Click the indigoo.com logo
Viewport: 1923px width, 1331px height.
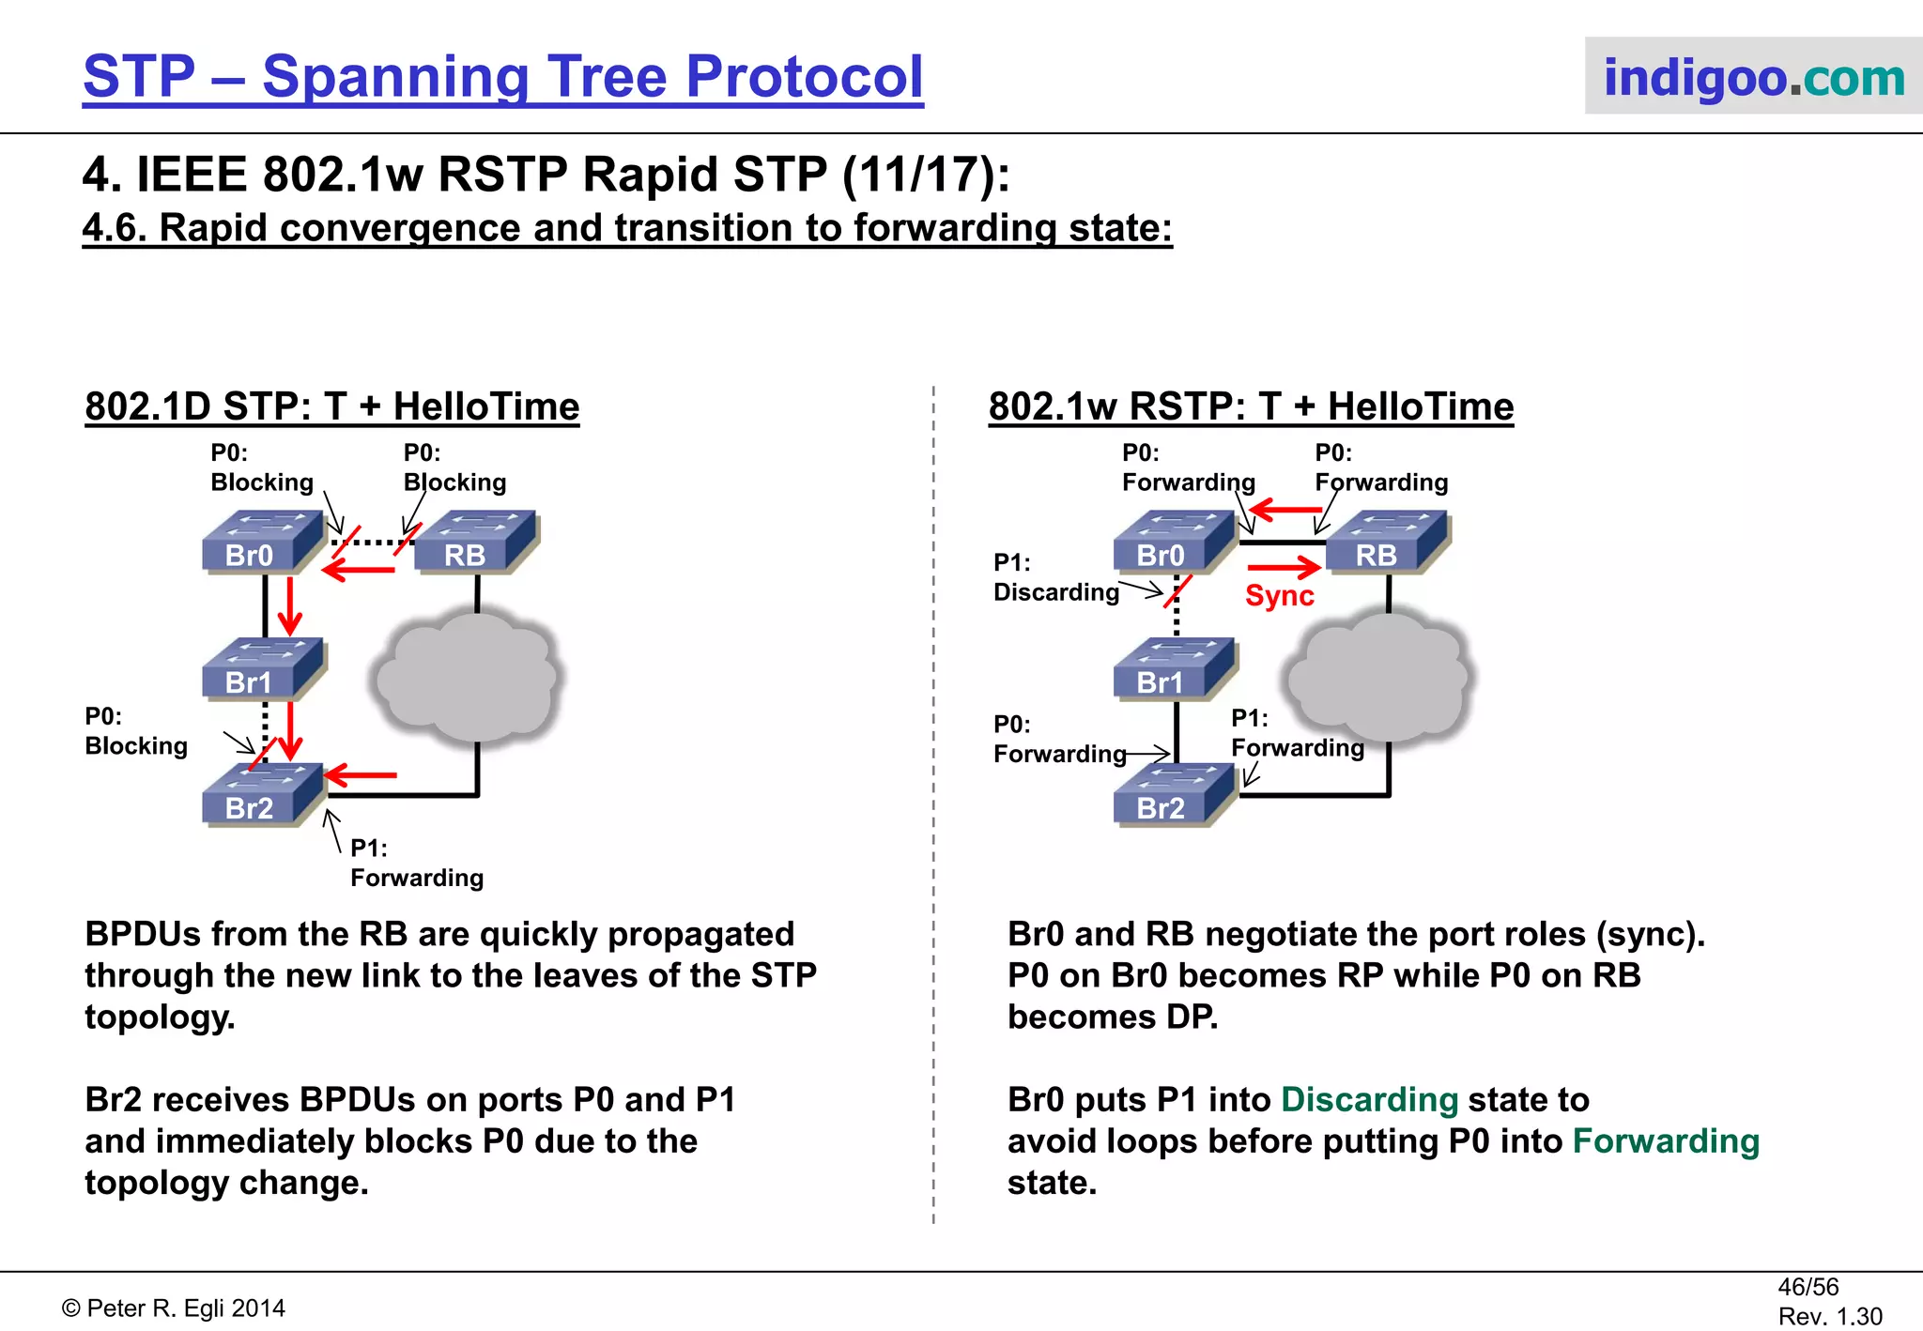[x=1752, y=77]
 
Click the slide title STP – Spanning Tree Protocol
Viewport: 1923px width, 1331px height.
[x=503, y=77]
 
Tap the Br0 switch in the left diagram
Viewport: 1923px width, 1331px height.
[x=261, y=543]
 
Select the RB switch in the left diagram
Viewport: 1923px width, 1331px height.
[x=475, y=543]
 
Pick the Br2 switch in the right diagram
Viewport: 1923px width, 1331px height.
[x=1173, y=796]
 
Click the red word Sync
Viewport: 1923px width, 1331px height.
[x=1279, y=596]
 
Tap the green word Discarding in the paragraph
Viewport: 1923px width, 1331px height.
[x=1368, y=1099]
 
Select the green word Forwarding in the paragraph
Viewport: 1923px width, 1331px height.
[x=1665, y=1141]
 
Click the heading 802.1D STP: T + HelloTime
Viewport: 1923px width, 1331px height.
[x=332, y=407]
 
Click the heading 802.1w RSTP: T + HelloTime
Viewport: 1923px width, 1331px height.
[x=1251, y=407]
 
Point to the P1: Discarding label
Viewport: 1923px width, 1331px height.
[x=1055, y=578]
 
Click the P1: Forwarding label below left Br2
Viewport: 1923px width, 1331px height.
[x=416, y=864]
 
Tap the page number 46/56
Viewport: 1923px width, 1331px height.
[x=1808, y=1287]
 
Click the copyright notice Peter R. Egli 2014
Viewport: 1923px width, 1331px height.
[x=174, y=1308]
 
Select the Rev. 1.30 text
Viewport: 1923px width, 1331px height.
[x=1829, y=1316]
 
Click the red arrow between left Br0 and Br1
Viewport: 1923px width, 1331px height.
[x=290, y=606]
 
